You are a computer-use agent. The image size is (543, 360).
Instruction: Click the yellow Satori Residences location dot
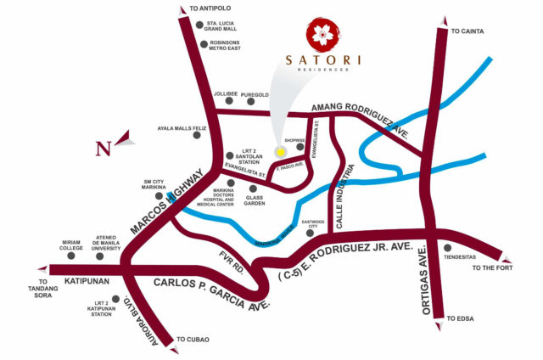280,151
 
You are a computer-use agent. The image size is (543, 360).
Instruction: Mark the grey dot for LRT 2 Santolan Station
230,155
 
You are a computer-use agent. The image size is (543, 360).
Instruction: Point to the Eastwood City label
317,223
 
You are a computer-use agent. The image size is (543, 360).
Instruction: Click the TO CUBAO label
193,340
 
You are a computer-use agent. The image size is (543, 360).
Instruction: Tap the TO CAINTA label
466,31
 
